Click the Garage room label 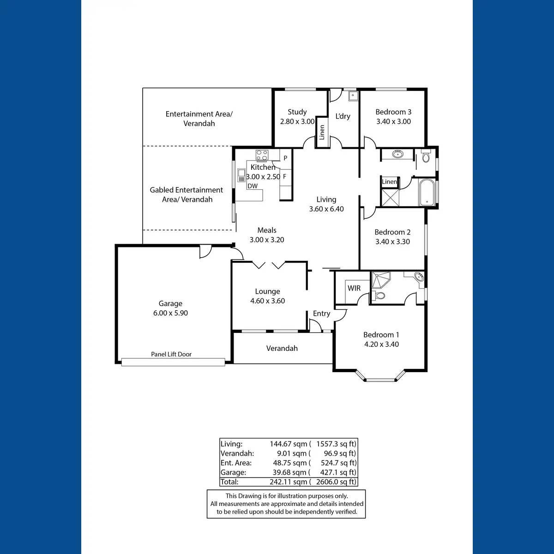(x=170, y=303)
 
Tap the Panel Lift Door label (x=171, y=354)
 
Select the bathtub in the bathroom (x=427, y=193)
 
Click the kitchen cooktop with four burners (x=262, y=155)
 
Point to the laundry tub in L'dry (x=353, y=96)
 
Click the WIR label (x=354, y=288)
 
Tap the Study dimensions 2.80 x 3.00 (x=297, y=121)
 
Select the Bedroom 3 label (x=393, y=112)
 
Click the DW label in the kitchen (x=253, y=186)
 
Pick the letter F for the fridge (x=285, y=176)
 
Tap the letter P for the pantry (x=285, y=158)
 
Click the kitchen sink (x=241, y=175)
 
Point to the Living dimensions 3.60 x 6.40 (x=326, y=209)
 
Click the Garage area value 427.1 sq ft (x=338, y=472)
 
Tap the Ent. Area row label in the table (x=236, y=463)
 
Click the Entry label (x=321, y=313)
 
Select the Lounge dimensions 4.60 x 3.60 (x=267, y=301)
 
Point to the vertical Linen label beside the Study (x=322, y=132)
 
